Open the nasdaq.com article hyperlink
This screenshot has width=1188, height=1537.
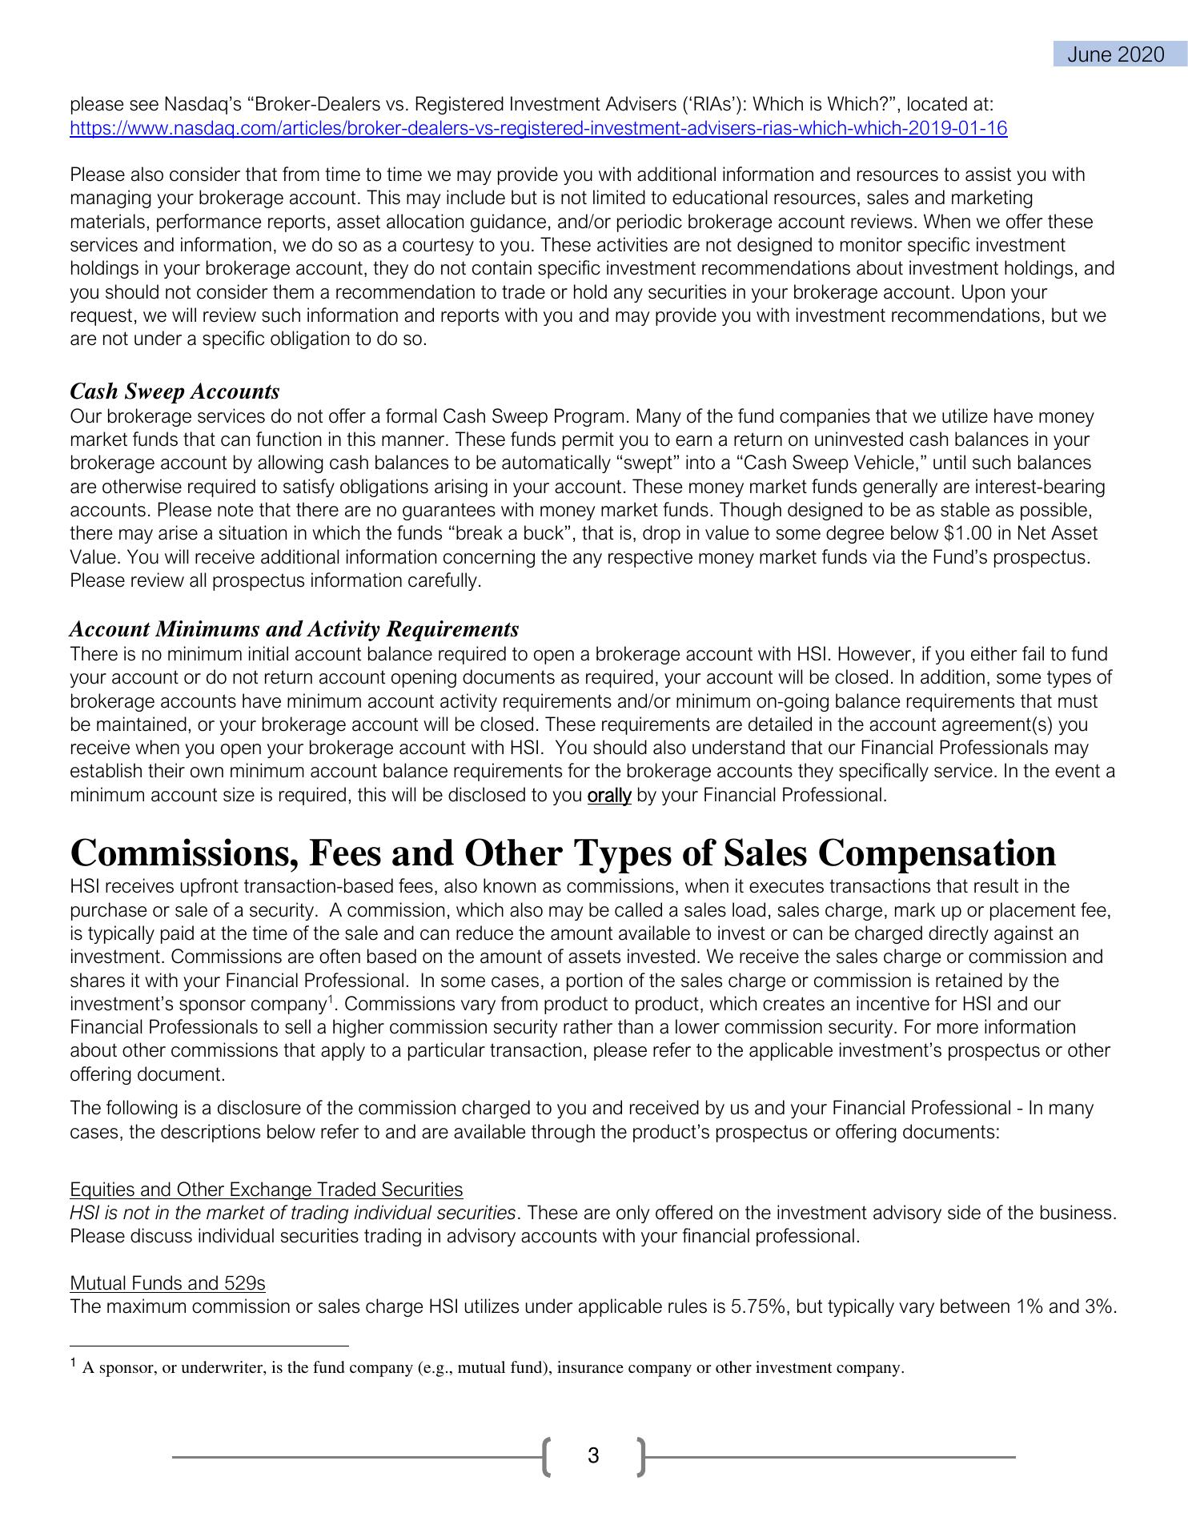click(x=538, y=128)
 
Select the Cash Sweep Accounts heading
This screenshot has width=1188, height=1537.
click(x=175, y=391)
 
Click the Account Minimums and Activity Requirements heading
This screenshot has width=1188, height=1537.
click(x=294, y=629)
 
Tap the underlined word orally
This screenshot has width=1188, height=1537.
click(x=609, y=796)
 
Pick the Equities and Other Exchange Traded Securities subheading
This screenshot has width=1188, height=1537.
click(x=266, y=1190)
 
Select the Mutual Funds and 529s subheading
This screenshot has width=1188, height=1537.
click(x=167, y=1283)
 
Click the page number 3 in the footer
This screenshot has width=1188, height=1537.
click(x=593, y=1455)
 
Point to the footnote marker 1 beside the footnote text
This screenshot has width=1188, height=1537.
click(x=73, y=1363)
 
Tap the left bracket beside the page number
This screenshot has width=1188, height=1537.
click(x=548, y=1456)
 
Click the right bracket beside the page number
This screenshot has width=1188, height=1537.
click(x=640, y=1456)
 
